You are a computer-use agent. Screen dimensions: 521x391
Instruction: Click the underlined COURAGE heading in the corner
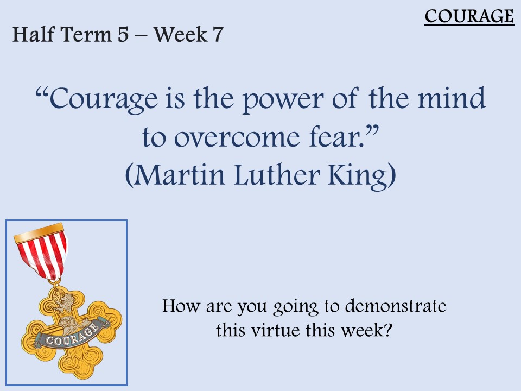469,16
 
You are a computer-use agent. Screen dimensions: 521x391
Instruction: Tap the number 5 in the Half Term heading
123,34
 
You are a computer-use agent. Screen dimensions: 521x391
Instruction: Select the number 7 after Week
217,34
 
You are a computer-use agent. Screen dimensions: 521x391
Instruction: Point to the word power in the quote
283,100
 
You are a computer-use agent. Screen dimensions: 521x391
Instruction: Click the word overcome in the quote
237,138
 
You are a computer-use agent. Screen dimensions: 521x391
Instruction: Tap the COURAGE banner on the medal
72,333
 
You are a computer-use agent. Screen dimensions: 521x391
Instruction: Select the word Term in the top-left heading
86,34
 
